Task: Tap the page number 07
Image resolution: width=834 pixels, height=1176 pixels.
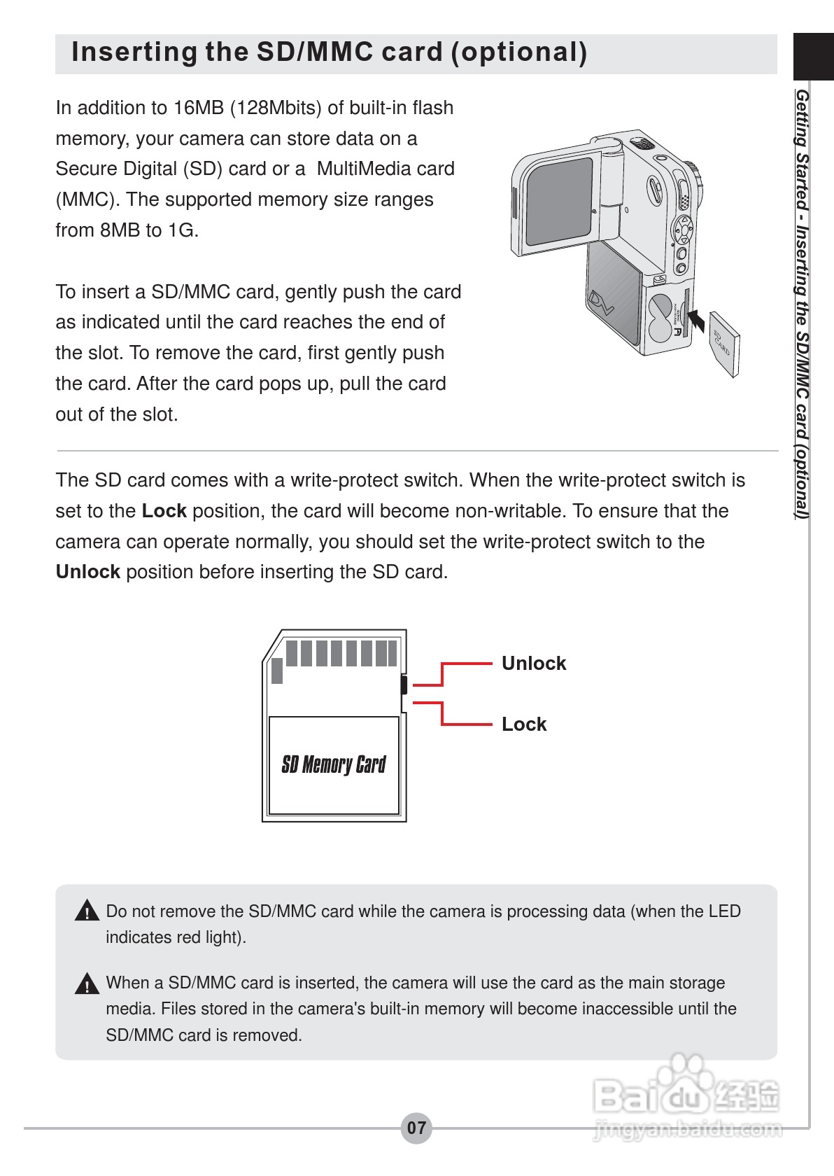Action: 416,1128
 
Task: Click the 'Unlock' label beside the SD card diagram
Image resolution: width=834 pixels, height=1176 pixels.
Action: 533,663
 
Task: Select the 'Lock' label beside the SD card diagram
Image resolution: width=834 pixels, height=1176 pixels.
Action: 523,724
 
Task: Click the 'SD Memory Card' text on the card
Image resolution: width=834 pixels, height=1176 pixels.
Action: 333,764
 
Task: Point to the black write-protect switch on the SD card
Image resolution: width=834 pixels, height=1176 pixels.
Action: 404,685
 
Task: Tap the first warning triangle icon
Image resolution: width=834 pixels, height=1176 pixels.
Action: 87,911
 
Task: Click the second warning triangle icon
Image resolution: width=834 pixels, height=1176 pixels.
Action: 87,984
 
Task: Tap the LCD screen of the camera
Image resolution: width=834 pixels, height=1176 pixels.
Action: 560,200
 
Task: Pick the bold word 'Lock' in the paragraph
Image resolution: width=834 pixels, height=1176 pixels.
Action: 164,511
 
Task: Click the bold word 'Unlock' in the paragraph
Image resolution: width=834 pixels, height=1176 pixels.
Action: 87,572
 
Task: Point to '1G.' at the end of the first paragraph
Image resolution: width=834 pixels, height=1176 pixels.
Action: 183,230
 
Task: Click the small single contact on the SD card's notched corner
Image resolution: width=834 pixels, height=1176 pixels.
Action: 277,671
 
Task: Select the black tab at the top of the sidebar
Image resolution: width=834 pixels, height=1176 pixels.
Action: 813,57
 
